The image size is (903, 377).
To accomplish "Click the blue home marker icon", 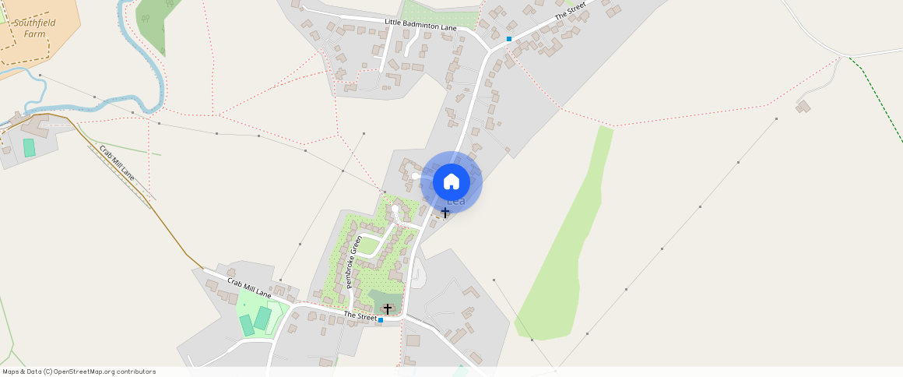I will (x=451, y=182).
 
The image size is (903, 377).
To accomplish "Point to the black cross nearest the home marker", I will (x=445, y=213).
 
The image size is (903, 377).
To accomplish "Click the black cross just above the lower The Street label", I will (x=388, y=309).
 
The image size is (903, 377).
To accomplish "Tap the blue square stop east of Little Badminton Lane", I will (x=509, y=38).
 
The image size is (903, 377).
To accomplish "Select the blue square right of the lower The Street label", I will (x=381, y=319).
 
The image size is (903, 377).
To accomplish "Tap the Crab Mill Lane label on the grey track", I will (x=117, y=163).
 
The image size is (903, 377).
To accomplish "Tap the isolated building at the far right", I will (x=803, y=105).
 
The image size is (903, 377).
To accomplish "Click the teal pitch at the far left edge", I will (x=30, y=147).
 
